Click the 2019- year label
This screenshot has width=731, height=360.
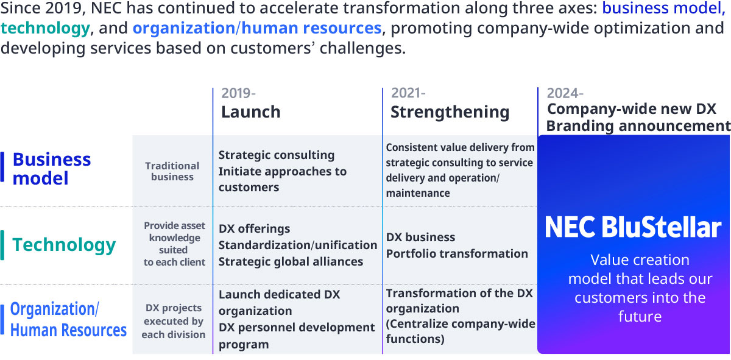coord(238,93)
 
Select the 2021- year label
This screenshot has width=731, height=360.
coord(408,93)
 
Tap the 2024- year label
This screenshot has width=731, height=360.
coord(565,93)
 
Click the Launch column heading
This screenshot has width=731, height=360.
coord(250,112)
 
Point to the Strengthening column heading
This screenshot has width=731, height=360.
coord(450,113)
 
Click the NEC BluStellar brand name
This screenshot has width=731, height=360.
coord(633,227)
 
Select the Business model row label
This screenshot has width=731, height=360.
coord(52,169)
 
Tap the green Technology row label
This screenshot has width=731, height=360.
coord(64,245)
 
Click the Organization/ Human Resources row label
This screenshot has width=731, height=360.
coord(68,320)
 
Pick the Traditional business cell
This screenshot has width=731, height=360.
coord(172,171)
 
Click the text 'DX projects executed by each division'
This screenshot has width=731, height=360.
coord(174,321)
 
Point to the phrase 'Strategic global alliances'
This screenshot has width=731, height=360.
coord(291,262)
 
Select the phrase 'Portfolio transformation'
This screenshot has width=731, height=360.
coord(457,253)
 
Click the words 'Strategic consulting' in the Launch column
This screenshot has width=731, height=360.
coord(277,155)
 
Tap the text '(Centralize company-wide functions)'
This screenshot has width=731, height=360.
coord(461,331)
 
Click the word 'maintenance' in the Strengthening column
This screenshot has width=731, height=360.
coord(418,193)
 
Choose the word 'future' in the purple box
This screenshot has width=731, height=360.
coord(640,317)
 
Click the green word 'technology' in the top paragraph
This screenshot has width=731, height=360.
coord(45,29)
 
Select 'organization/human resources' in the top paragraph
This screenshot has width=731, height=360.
coord(257,29)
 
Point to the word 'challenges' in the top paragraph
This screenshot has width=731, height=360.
coord(362,48)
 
